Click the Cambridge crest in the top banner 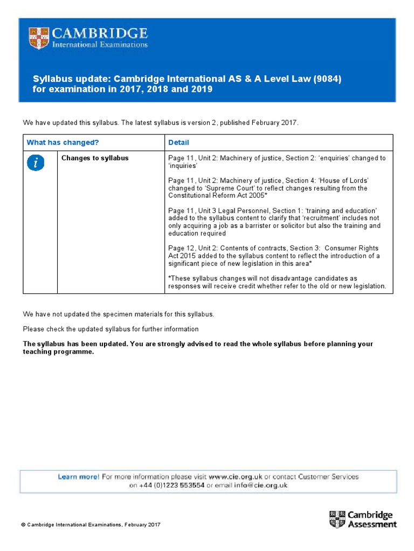(39, 38)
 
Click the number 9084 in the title (327, 79)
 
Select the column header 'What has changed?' (63, 143)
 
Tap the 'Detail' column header (178, 143)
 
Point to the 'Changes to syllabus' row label (95, 158)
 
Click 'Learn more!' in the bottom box (78, 477)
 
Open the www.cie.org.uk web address (236, 477)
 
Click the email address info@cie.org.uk (260, 485)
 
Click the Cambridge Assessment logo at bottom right (362, 519)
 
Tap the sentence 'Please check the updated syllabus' (111, 329)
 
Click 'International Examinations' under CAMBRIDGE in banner (100, 45)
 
